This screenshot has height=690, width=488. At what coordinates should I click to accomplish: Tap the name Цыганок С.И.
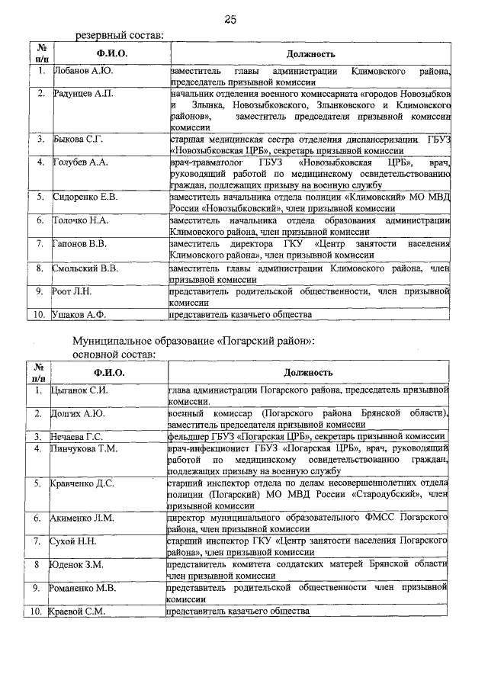tap(79, 390)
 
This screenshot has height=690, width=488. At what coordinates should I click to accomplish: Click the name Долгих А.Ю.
tap(77, 413)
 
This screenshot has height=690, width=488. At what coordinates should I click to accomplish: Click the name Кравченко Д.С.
tap(82, 483)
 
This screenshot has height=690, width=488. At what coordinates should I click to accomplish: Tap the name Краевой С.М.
tap(78, 611)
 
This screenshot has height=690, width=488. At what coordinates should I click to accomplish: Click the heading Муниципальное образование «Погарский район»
tap(194, 342)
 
